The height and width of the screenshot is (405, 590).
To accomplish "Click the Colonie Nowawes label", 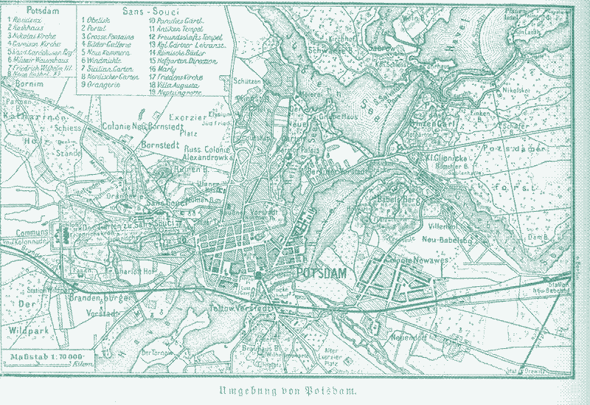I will [407, 259].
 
